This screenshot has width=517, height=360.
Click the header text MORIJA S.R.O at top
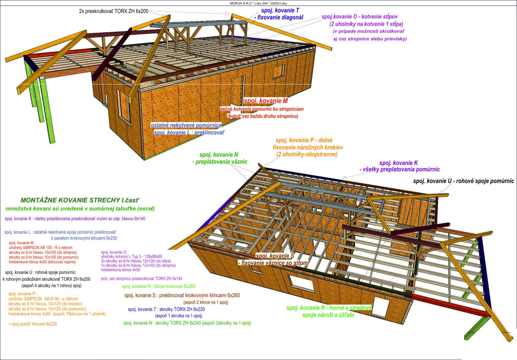240,3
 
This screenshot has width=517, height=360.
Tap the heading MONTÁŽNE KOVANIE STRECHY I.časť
80,200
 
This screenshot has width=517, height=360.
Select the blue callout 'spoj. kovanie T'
280,10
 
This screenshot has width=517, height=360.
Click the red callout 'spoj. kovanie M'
266,101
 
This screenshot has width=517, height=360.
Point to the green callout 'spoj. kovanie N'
218,155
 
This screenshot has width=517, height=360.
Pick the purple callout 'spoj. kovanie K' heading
398,163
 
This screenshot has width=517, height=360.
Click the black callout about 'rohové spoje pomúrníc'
463,181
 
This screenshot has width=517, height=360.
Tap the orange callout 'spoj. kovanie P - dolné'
304,140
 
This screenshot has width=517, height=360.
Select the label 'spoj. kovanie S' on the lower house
275,256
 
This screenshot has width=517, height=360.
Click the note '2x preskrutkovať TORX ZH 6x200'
114,11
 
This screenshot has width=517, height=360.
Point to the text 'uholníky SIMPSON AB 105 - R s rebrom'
41,248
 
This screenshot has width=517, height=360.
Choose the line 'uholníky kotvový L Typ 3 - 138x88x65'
132,257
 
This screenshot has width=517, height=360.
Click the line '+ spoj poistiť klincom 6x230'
33,324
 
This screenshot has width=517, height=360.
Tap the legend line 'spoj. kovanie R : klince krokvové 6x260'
158,286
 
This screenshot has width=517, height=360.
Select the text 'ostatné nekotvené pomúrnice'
186,125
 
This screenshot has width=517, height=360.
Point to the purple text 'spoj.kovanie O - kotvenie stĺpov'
359,17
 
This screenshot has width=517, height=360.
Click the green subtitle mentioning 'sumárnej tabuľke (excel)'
80,209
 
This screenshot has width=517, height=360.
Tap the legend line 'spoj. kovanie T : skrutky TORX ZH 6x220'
166,309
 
